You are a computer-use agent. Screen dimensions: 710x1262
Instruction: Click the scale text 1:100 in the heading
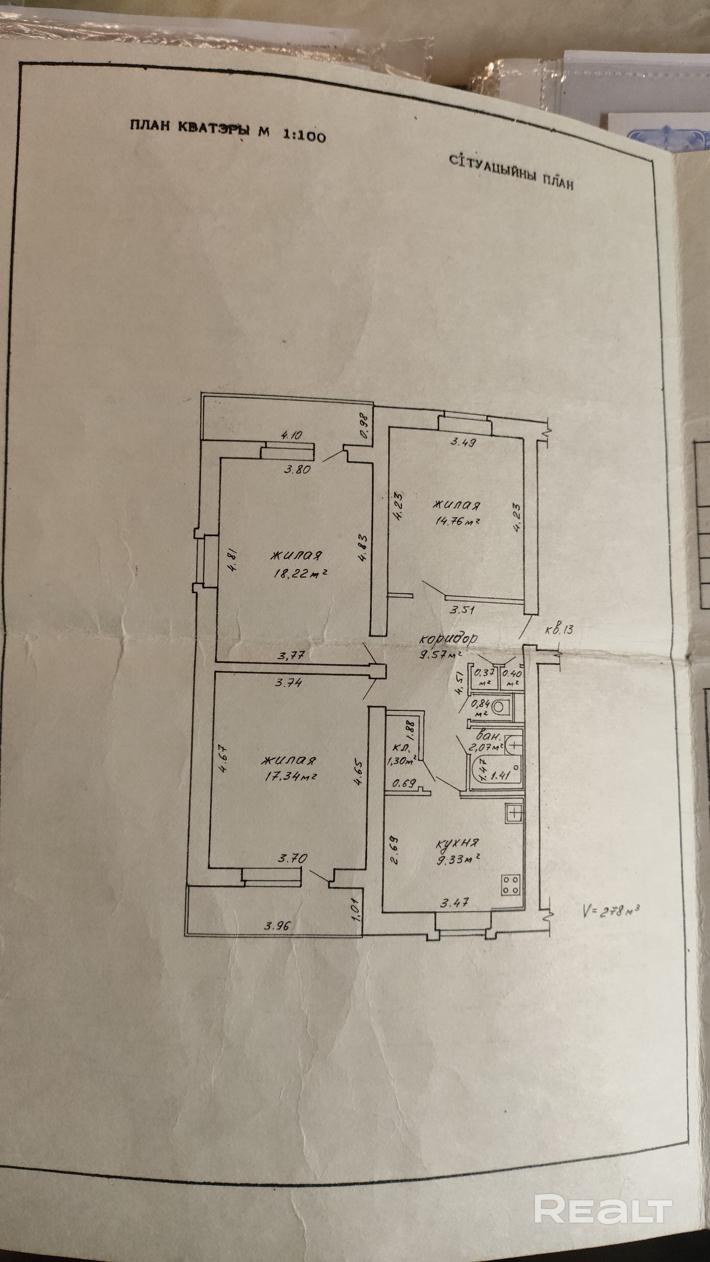[304, 135]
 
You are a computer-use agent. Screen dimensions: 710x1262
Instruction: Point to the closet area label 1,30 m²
[402, 760]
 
